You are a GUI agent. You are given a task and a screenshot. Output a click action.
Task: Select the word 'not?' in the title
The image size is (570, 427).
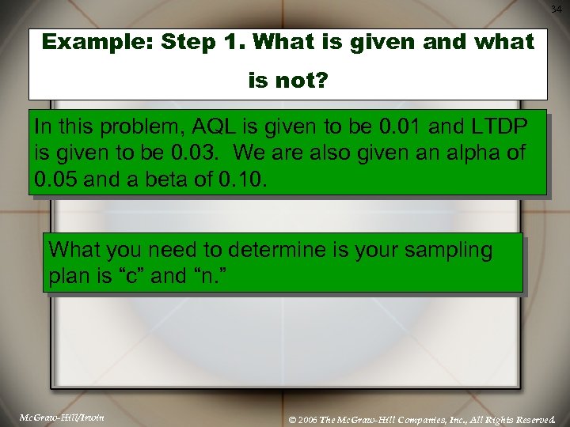tap(302, 80)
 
